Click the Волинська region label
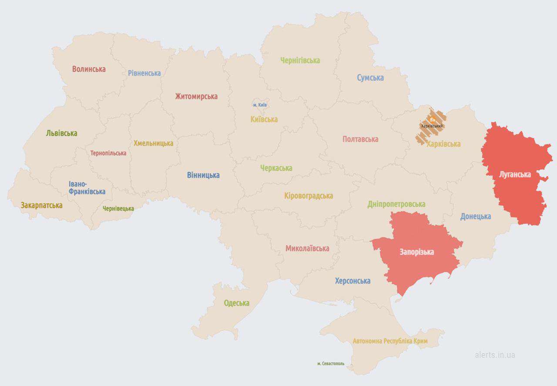89,69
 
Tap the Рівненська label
144,73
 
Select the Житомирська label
196,96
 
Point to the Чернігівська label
300,60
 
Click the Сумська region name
370,78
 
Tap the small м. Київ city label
260,105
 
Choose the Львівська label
61,133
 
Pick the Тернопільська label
108,153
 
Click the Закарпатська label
41,205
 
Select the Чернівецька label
118,208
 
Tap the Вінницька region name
203,175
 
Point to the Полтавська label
360,139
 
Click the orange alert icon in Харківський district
432,119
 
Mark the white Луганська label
515,175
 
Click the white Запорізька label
417,252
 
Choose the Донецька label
476,216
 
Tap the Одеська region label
237,303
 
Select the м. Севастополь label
331,363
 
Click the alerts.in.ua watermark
495,355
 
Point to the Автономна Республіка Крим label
390,341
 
